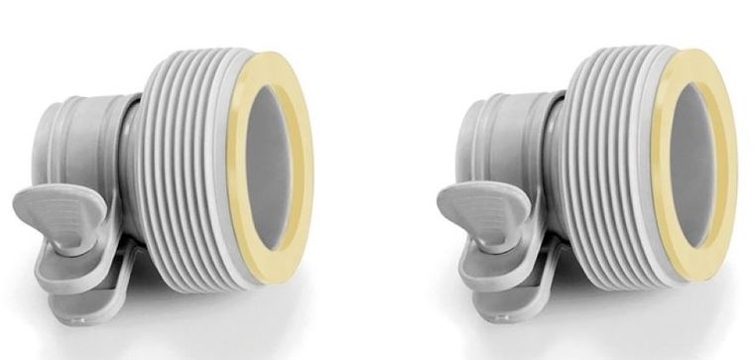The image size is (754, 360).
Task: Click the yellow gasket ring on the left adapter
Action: point(298,119)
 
